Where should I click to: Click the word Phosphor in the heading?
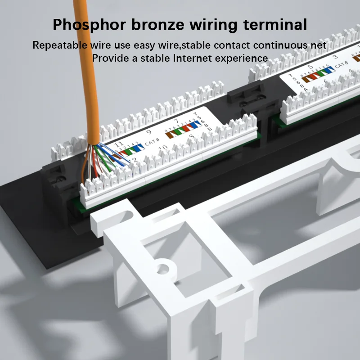(x=88, y=24)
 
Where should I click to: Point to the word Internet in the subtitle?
(x=189, y=58)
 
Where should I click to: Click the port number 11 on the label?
(x=119, y=144)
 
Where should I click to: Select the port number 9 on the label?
(x=149, y=133)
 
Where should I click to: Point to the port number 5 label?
(x=310, y=67)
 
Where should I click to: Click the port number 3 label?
(x=334, y=57)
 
